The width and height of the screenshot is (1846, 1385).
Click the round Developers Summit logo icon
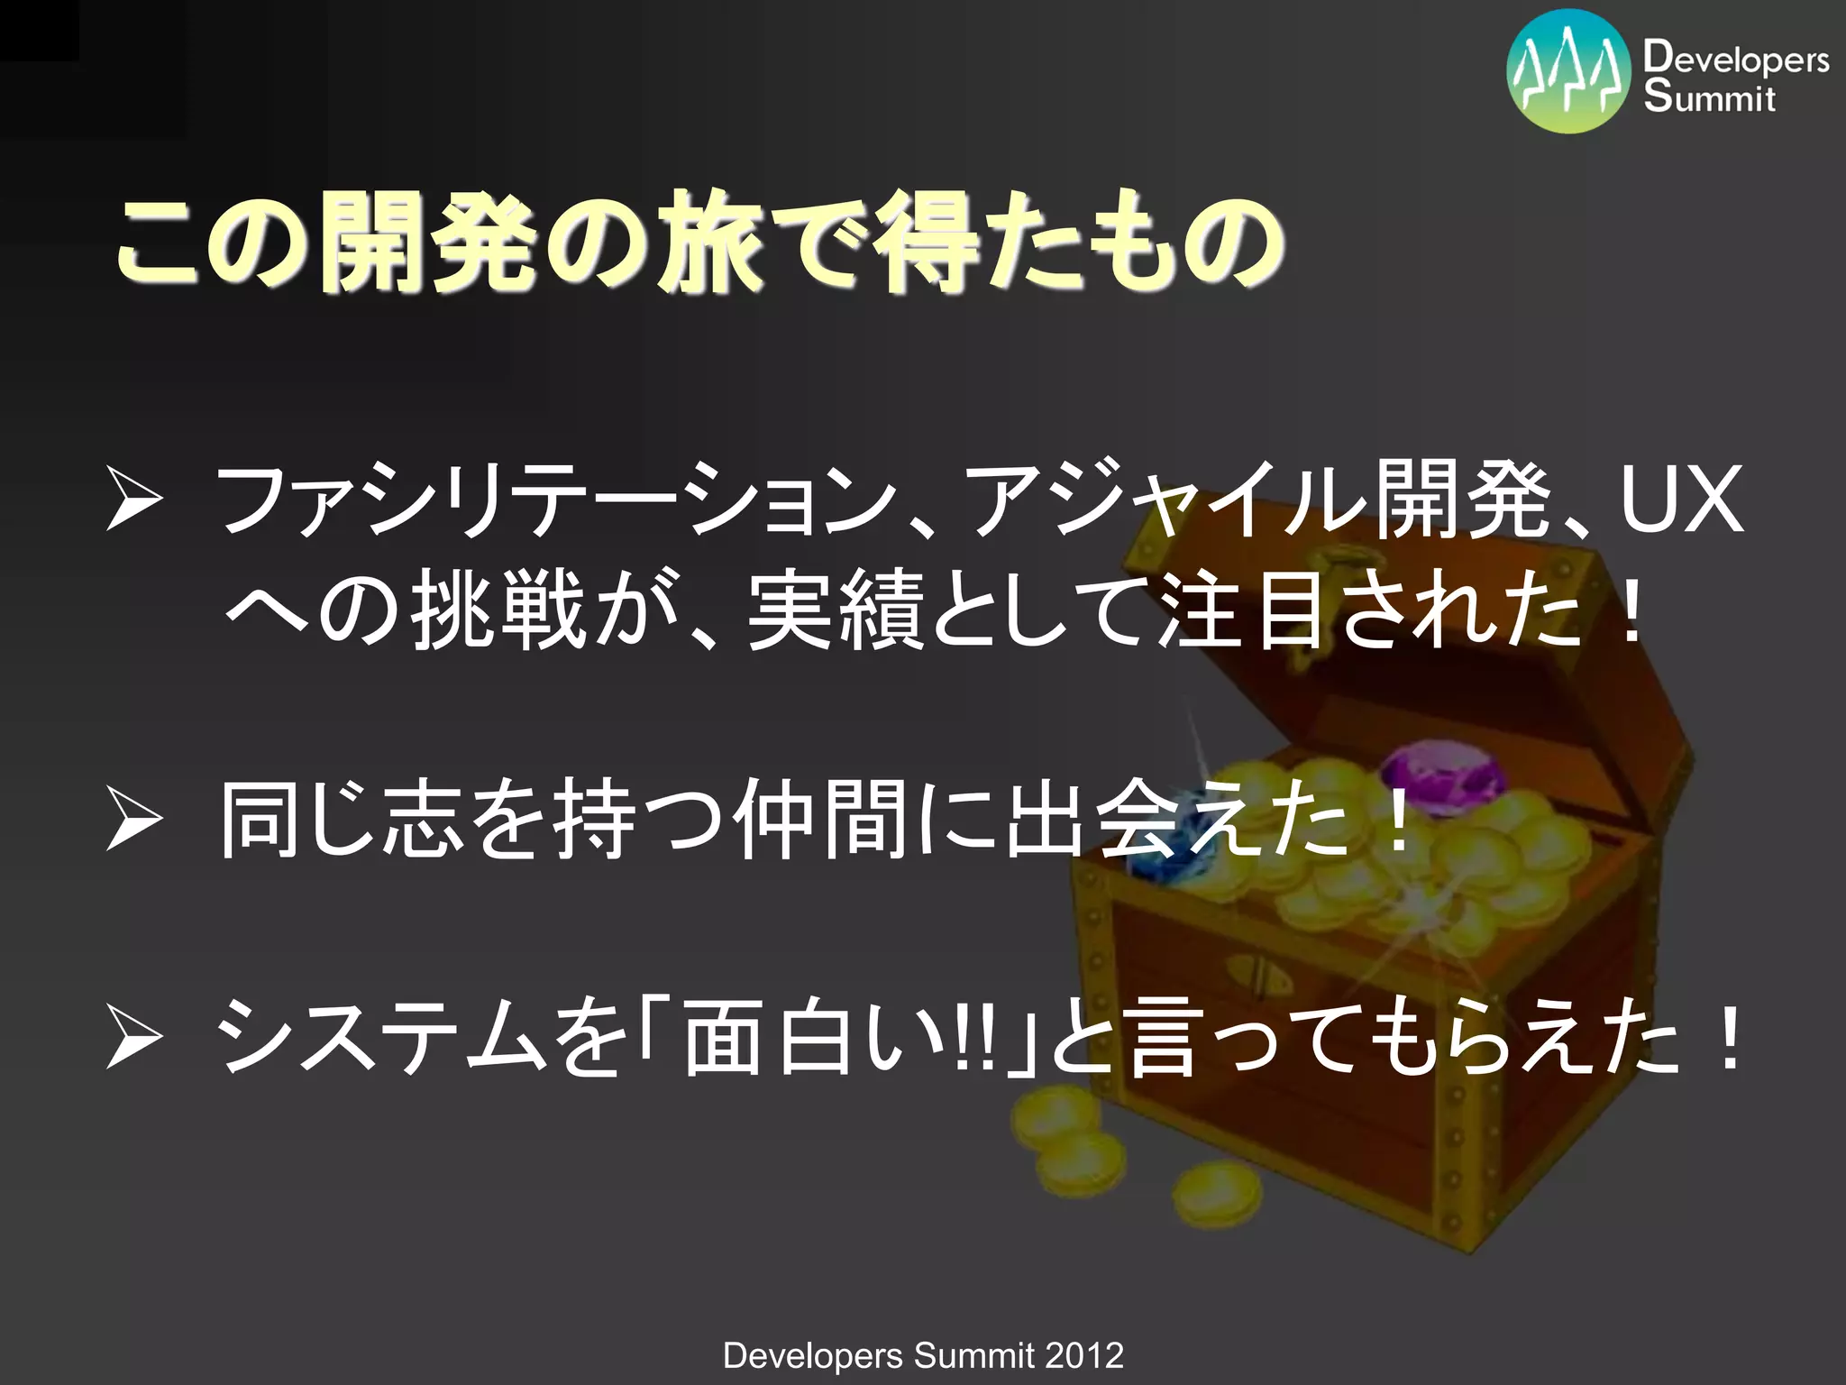click(x=1568, y=71)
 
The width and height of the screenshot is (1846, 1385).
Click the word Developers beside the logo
click(x=1736, y=60)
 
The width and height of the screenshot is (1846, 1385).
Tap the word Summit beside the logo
click(x=1709, y=97)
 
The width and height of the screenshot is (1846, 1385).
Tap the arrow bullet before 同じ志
click(x=133, y=819)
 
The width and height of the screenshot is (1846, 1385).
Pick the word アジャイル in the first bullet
click(x=1163, y=499)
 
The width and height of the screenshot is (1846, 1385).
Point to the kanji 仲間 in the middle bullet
click(x=820, y=819)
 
